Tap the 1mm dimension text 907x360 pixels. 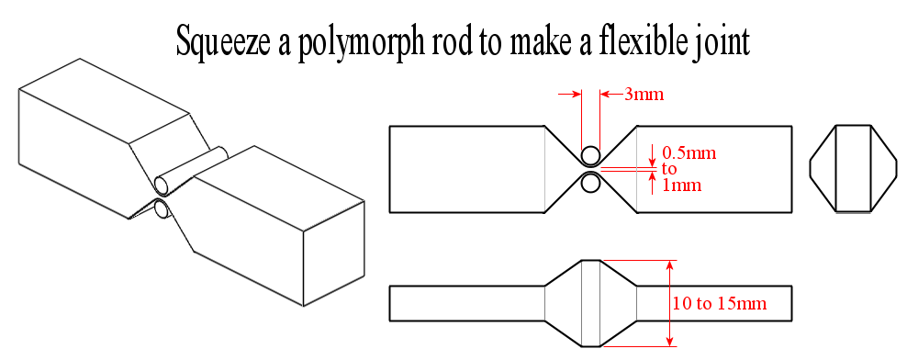[x=681, y=185]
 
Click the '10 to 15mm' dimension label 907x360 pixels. [x=719, y=302]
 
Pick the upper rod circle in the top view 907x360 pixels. [x=590, y=154]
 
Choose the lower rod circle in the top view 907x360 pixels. [x=590, y=184]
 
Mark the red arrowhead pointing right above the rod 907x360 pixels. [x=576, y=94]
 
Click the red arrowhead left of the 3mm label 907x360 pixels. [x=607, y=94]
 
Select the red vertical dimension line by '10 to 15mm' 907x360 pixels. [x=669, y=303]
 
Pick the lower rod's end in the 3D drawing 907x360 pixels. [x=162, y=210]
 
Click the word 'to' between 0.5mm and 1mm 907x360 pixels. [x=668, y=169]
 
